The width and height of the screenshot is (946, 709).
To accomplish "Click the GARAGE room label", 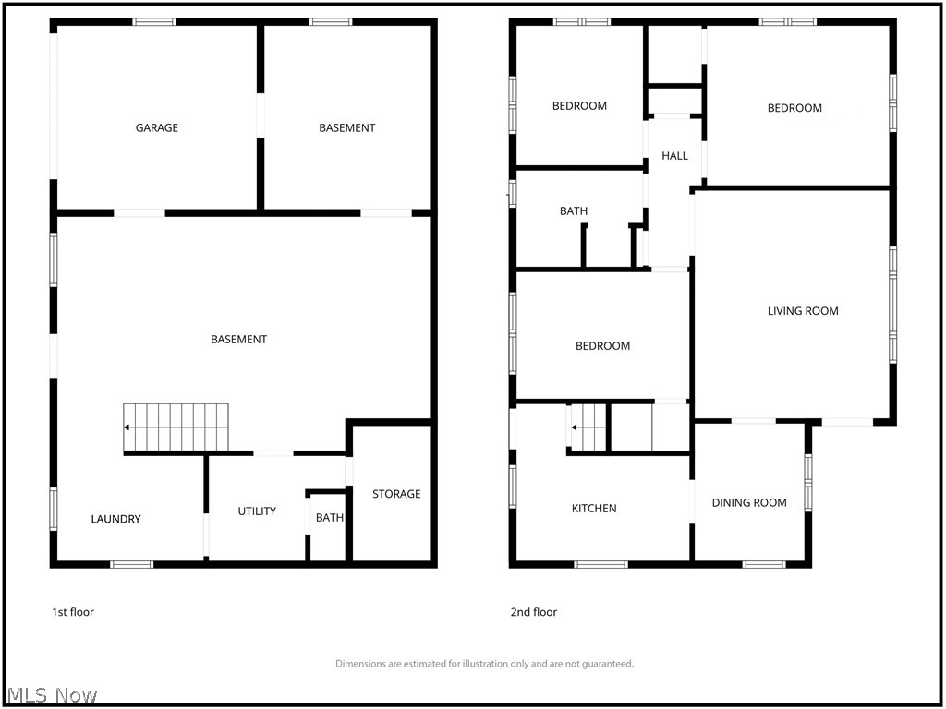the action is [x=157, y=127].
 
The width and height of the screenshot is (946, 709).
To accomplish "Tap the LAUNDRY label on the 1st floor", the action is [x=115, y=519].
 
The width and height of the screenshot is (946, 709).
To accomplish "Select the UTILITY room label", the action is [x=257, y=511].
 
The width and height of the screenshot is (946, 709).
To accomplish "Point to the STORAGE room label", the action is [x=396, y=494].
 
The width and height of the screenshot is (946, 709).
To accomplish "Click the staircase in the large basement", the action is [x=176, y=427].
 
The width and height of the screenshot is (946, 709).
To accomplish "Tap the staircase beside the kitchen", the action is [x=588, y=427].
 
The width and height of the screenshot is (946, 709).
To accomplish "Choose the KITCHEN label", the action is [x=594, y=509].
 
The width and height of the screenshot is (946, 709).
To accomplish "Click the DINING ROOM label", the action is [x=749, y=503].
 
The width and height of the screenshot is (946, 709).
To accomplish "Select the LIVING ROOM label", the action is [x=803, y=311].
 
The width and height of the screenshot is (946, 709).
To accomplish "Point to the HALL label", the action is [x=674, y=155].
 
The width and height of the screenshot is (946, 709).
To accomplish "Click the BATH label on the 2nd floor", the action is [x=574, y=211].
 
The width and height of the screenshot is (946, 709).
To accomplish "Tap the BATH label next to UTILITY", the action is [x=330, y=518].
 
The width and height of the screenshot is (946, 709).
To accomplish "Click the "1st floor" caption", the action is [x=73, y=613].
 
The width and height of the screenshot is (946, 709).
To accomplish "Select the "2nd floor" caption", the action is [x=534, y=613].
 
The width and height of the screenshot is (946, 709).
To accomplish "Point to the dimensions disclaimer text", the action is [x=484, y=664].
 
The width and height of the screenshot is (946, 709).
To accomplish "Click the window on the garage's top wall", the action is [x=154, y=22].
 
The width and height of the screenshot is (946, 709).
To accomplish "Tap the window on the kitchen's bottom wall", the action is [x=600, y=565].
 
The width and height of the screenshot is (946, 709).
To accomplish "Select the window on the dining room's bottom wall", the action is [x=764, y=565].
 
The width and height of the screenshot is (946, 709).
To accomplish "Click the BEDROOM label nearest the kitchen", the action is [x=602, y=346].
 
